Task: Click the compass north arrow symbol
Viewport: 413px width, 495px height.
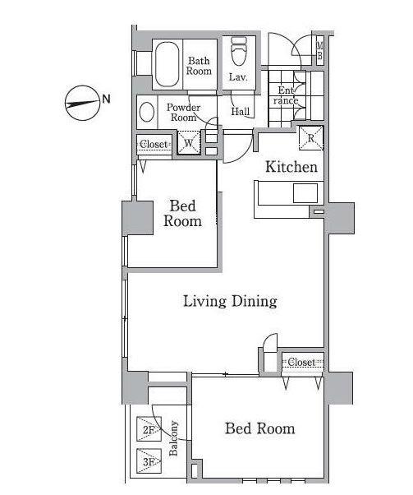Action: click(82, 104)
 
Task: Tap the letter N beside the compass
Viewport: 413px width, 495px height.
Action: click(107, 99)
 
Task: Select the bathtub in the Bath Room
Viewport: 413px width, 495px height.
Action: click(167, 64)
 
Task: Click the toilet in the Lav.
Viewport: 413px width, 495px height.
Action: click(239, 51)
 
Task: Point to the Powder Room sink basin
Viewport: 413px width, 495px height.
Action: click(147, 112)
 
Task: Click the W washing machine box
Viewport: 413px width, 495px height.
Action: click(189, 143)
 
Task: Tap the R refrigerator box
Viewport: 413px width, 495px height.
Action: click(311, 138)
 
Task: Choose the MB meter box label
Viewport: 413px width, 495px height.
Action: click(319, 51)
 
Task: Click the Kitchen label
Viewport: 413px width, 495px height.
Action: click(291, 167)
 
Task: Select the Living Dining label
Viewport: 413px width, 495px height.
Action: click(230, 301)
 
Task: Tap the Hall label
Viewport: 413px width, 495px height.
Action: click(241, 111)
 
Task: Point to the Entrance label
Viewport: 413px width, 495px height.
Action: click(286, 95)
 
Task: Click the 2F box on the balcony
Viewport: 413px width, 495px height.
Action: click(149, 429)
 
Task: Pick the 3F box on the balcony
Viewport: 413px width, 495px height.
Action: click(149, 461)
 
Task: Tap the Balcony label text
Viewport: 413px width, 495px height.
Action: click(173, 438)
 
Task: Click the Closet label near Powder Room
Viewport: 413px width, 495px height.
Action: click(154, 145)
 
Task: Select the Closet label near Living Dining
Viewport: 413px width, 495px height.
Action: click(301, 362)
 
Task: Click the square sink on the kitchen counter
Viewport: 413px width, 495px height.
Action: click(305, 193)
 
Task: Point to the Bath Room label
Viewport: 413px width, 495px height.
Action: click(199, 66)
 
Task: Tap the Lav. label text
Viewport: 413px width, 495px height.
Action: click(238, 77)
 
